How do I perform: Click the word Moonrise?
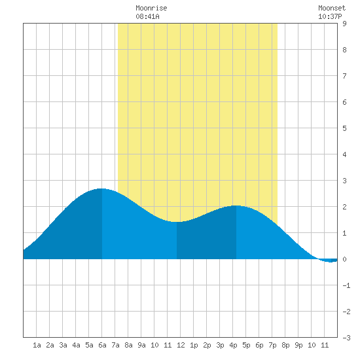pyautogui.click(x=151, y=8)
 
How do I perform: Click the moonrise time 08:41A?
pyautogui.click(x=147, y=16)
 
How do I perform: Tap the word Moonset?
pyautogui.click(x=332, y=8)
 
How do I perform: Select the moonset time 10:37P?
pyautogui.click(x=330, y=16)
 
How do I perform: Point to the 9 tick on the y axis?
pyautogui.click(x=344, y=24)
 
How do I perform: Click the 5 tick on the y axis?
pyautogui.click(x=344, y=128)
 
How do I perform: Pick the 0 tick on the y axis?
pyautogui.click(x=344, y=259)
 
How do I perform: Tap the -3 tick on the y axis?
pyautogui.click(x=346, y=338)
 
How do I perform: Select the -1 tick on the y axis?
pyautogui.click(x=346, y=285)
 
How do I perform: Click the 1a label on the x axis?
pyautogui.click(x=37, y=345)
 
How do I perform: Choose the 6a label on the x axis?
pyautogui.click(x=102, y=345)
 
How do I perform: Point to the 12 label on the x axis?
pyautogui.click(x=181, y=345)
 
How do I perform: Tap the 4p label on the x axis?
pyautogui.click(x=233, y=345)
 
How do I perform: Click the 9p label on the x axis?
pyautogui.click(x=298, y=345)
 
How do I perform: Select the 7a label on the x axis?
pyautogui.click(x=115, y=345)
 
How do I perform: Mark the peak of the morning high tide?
pyautogui.click(x=101, y=189)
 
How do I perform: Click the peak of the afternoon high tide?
pyautogui.click(x=236, y=206)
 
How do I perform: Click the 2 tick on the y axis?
pyautogui.click(x=344, y=207)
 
